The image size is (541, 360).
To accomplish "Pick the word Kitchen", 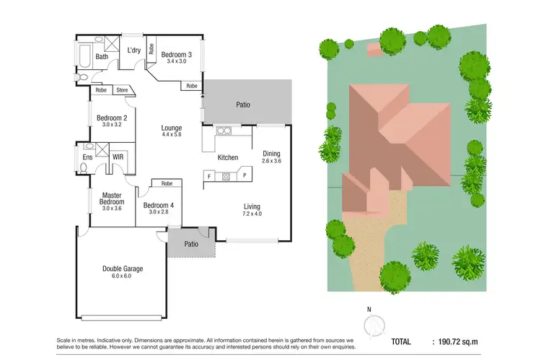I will tap(228, 157).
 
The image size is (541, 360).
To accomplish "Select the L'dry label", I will tap(133, 51).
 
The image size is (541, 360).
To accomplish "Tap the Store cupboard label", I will tap(122, 91).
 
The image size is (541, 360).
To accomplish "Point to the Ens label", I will tap(87, 157).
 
